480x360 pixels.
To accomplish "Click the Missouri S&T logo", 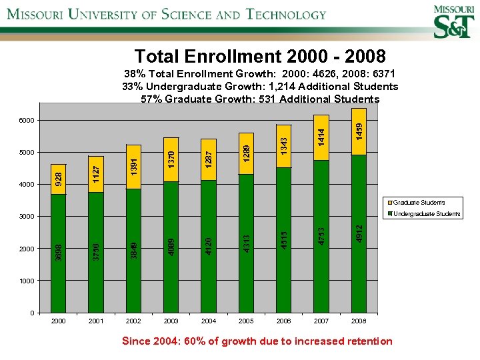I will point(453,21).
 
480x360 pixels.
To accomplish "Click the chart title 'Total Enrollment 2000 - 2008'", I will point(259,55).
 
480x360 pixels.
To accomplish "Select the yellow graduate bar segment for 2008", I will point(359,131).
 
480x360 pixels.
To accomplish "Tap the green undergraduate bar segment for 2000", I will point(59,253).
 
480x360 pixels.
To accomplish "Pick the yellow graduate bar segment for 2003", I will point(171,159).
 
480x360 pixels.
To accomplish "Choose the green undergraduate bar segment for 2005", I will point(246,243).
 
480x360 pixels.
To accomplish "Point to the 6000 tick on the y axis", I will point(26,120).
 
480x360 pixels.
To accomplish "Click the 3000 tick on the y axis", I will point(26,217).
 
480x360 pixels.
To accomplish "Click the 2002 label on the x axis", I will point(133,321).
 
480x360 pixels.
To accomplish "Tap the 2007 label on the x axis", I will point(321,321).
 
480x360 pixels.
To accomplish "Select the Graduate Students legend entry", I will point(418,202).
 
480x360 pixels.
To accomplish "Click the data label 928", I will point(59,178).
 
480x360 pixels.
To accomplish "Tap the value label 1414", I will point(321,138).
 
